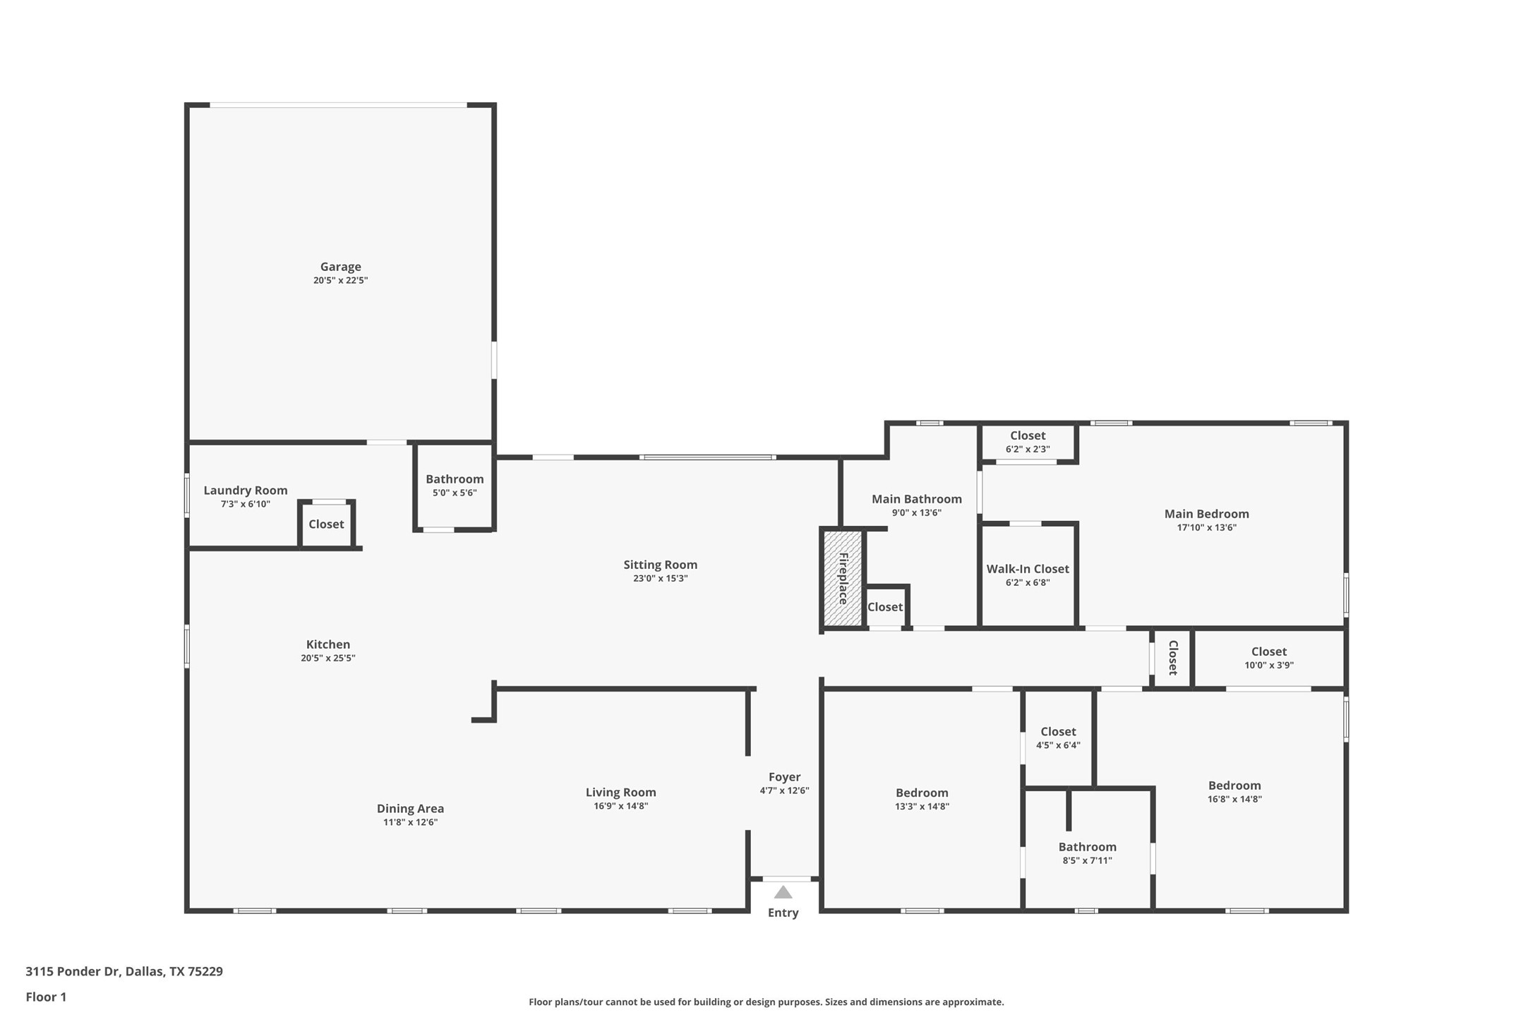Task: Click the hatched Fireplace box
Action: [843, 578]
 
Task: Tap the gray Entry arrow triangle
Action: [783, 892]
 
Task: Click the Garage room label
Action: [340, 267]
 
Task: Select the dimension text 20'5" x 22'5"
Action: [340, 280]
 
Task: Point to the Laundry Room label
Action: [245, 491]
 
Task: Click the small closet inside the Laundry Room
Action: [326, 524]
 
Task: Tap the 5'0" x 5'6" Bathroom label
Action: [455, 480]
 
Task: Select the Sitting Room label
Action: [660, 565]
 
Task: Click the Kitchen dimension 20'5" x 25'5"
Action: [327, 658]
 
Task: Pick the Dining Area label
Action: [410, 809]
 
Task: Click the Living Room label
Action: [620, 793]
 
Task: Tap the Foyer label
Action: [784, 777]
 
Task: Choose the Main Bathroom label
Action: [916, 500]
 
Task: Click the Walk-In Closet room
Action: [1028, 575]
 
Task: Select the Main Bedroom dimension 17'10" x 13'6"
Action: [1206, 527]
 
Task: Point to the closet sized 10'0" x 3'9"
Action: [1268, 658]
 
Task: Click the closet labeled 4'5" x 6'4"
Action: [1057, 738]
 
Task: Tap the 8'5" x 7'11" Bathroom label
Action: [1087, 847]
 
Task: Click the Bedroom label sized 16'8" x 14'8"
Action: [1234, 786]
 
